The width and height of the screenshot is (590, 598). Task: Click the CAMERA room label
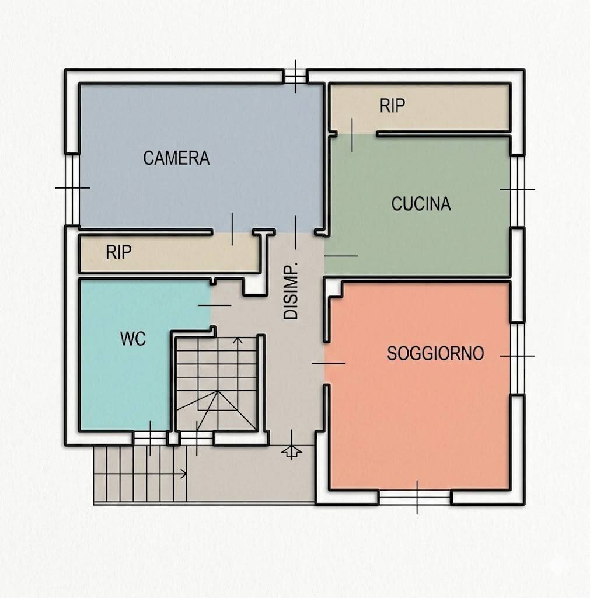176,158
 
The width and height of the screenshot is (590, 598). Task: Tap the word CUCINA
421,204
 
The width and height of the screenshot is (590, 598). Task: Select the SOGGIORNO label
435,353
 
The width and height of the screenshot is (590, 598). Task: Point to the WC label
132,339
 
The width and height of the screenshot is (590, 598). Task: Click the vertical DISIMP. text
291,291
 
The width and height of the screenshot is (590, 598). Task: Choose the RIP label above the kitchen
392,106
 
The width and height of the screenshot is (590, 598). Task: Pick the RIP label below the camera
118,252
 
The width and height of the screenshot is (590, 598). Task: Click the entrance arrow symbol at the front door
292,451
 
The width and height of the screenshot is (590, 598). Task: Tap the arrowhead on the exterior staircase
184,474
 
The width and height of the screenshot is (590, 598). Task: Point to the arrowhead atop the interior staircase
238,340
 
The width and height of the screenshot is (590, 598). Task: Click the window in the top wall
295,77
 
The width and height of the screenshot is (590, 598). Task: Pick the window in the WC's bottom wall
150,438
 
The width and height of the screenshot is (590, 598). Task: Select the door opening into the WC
212,305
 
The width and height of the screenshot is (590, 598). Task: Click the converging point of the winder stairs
218,391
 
